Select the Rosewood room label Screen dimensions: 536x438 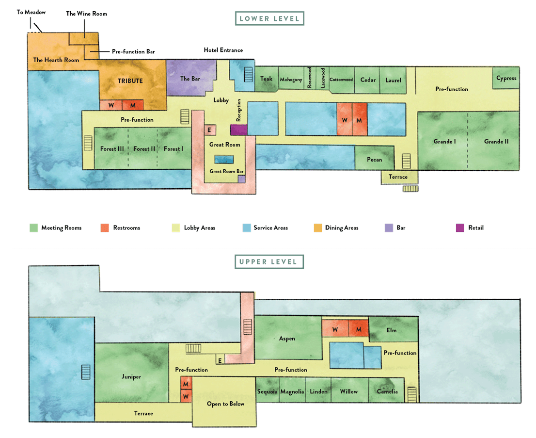(309, 78)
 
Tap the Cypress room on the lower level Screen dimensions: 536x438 (506, 78)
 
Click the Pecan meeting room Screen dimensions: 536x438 (374, 158)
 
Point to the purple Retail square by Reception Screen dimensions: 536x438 (238, 130)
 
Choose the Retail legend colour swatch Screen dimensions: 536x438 (460, 228)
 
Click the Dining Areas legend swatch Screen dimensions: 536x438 (318, 228)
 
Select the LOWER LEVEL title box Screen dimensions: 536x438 (269, 18)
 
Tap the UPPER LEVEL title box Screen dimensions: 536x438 (269, 262)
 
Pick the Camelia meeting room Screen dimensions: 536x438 (387, 390)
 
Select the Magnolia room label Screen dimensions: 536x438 (292, 391)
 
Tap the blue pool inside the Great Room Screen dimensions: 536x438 (224, 159)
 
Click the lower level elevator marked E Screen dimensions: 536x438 (209, 130)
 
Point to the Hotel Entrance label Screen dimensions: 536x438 (223, 50)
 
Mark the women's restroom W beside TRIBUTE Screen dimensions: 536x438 (111, 105)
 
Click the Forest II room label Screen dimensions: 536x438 (144, 149)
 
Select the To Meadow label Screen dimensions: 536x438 (31, 12)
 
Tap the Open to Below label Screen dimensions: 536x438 (226, 404)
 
